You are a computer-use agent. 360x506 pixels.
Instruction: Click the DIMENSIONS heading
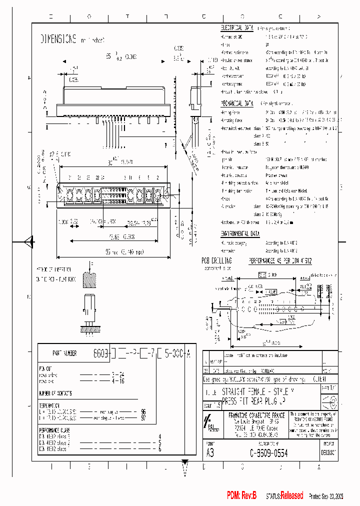coord(58,38)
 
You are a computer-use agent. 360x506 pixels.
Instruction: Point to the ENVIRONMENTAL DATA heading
coord(241,233)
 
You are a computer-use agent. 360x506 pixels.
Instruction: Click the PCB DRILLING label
coord(216,261)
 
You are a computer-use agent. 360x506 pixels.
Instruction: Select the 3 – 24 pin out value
coord(117,373)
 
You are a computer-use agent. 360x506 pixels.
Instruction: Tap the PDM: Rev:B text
coord(241,495)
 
